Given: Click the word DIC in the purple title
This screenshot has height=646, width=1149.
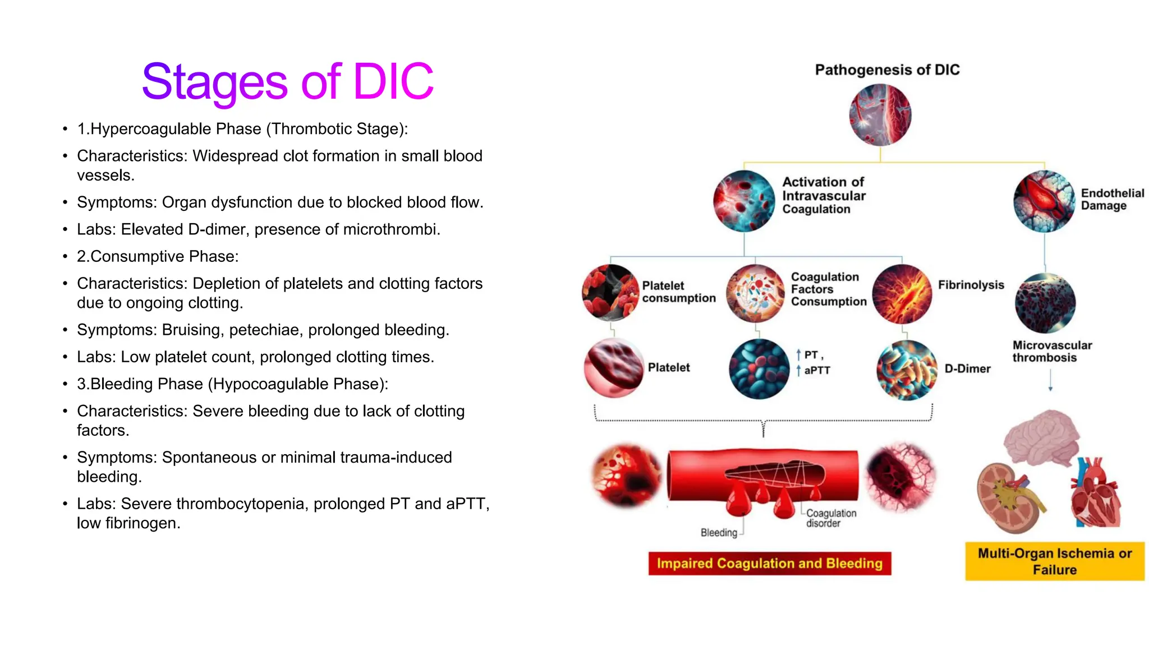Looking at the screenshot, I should coord(393,82).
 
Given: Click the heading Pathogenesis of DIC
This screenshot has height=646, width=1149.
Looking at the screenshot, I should coord(887,70).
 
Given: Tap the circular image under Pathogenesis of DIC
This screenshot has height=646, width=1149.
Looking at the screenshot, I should coord(880,115).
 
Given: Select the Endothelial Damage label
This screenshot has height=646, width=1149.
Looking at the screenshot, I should coord(1112,199).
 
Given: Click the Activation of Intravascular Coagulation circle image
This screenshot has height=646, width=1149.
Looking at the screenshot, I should coord(744,201).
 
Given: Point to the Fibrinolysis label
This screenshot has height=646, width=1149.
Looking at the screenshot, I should coord(971,285).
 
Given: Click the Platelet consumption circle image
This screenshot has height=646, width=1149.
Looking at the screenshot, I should coord(610,292).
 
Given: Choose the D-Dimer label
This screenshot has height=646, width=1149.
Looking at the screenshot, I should coord(967,369).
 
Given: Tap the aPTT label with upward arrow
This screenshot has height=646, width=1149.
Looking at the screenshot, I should coord(816,371).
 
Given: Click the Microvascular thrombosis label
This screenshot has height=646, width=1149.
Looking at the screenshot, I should coord(1051,352).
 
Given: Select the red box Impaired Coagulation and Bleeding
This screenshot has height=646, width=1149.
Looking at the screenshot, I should coord(769,564).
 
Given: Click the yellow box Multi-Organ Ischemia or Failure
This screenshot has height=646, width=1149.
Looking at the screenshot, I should coord(1054,561).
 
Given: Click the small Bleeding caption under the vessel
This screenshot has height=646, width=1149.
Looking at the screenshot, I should coord(719,533).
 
